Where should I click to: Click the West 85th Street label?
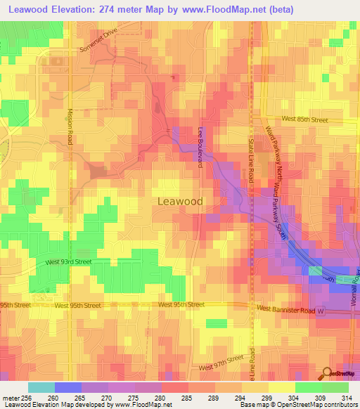[x=304, y=120]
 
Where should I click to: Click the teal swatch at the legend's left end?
[x=41, y=387]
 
